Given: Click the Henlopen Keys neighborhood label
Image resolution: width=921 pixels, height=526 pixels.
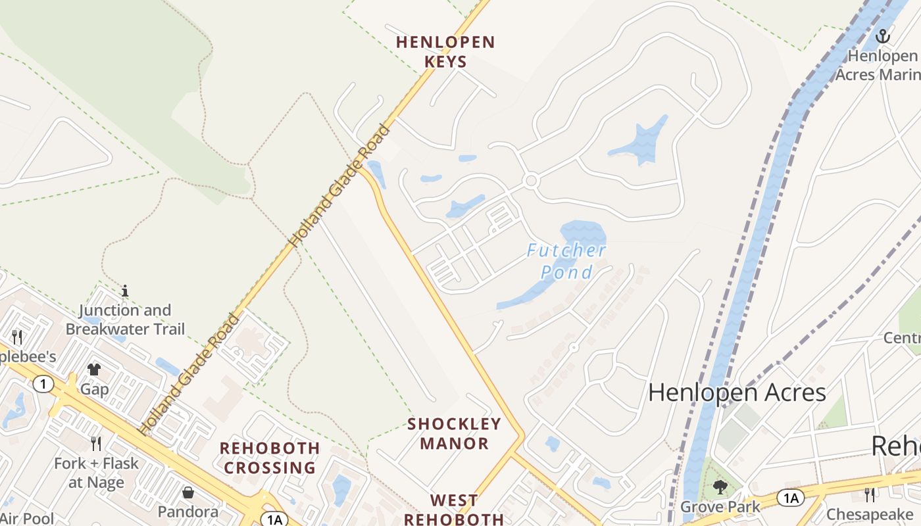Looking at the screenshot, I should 445,52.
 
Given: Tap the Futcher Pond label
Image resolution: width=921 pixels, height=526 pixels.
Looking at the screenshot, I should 566,260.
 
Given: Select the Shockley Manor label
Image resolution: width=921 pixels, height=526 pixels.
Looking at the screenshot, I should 455,433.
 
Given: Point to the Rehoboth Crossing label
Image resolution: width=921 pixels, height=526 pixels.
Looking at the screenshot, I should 270,458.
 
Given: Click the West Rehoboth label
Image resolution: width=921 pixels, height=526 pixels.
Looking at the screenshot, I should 454,510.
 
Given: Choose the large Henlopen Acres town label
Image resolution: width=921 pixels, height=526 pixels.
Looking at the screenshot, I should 737,393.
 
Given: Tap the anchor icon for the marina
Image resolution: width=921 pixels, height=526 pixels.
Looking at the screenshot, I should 883,36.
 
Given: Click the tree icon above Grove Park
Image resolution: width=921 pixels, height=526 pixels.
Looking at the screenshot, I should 720,487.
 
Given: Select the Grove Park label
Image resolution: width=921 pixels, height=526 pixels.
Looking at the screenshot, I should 720,507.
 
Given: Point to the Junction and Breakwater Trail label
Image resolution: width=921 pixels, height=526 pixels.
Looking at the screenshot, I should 125,320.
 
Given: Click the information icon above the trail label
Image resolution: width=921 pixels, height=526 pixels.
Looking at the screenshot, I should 125,290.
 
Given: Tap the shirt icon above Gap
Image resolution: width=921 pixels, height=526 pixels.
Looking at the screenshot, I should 94,370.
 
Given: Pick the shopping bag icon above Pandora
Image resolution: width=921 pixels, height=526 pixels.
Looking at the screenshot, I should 188,492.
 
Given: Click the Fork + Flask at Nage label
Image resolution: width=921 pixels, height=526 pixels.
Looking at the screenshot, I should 96,473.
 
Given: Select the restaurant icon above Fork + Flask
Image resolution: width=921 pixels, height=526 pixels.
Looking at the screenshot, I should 96,444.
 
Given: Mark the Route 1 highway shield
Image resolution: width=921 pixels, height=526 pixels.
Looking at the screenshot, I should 43,384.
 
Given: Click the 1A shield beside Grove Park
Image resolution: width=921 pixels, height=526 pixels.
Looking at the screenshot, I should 790,498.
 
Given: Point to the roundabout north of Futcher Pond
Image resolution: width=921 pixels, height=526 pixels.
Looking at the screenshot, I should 531,180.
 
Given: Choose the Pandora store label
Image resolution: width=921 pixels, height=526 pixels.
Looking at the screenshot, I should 188,512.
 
